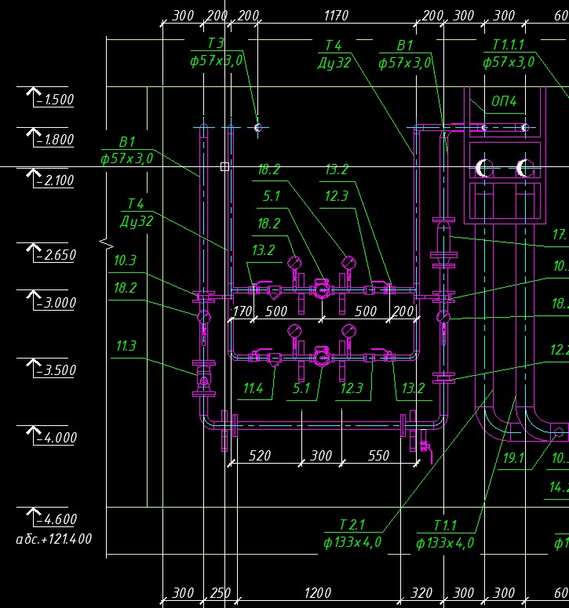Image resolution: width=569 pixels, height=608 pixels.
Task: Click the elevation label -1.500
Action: [x=54, y=100]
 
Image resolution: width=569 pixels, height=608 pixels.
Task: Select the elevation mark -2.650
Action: [x=54, y=255]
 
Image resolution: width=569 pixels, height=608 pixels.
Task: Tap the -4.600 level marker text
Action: [x=54, y=519]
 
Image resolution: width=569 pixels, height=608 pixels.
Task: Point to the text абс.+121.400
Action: [x=54, y=539]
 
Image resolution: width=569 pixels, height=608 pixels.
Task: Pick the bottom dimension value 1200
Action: [x=317, y=593]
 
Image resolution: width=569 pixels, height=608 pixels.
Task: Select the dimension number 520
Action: [x=260, y=455]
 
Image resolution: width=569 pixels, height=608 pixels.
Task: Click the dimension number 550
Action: [x=378, y=455]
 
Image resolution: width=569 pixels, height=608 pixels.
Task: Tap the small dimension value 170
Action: [x=242, y=311]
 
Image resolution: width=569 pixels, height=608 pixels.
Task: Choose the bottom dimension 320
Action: [x=421, y=593]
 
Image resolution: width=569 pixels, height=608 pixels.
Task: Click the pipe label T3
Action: [x=216, y=44]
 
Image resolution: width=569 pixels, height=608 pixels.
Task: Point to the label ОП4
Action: [x=504, y=101]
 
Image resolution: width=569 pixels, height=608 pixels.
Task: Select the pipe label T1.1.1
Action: [x=508, y=44]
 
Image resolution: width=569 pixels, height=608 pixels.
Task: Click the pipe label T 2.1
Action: [x=352, y=525]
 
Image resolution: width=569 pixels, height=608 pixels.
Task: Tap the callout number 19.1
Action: [x=513, y=457]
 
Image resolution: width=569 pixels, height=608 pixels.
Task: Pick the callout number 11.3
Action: [x=126, y=345]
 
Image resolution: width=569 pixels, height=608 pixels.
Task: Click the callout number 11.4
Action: [x=253, y=388]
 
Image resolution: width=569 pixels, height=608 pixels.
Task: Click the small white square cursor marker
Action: [x=224, y=166]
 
